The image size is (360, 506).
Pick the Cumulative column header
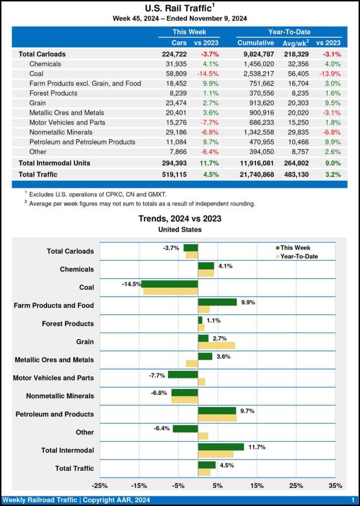coord(256,43)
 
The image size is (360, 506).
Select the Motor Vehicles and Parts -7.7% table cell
coord(209,123)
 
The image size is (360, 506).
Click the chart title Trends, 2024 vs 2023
coord(180,218)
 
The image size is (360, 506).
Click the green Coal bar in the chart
coord(170,284)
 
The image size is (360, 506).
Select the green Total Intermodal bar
coord(221,447)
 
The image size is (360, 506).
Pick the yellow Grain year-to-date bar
coord(216,345)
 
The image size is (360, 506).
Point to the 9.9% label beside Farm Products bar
coord(248,302)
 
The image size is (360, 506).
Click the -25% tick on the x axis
coord(99,486)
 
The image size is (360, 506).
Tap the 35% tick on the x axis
coord(335,486)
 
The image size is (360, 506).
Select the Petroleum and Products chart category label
coord(54,414)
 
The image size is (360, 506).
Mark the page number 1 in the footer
coord(353,500)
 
